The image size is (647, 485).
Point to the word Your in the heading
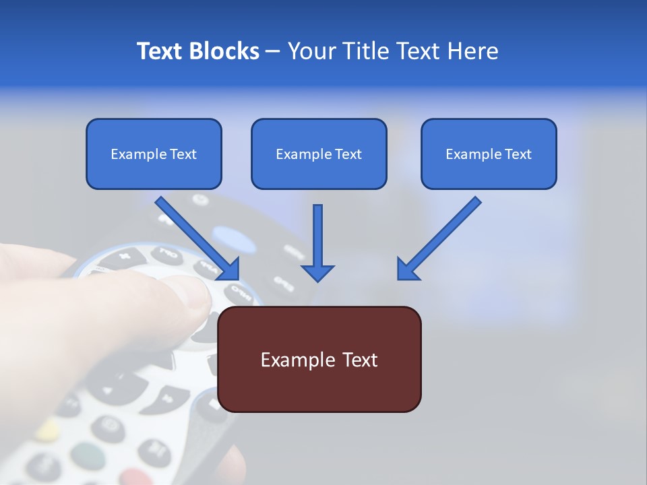(309, 51)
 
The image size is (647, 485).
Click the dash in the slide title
(273, 52)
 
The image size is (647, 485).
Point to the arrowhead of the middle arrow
(317, 273)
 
